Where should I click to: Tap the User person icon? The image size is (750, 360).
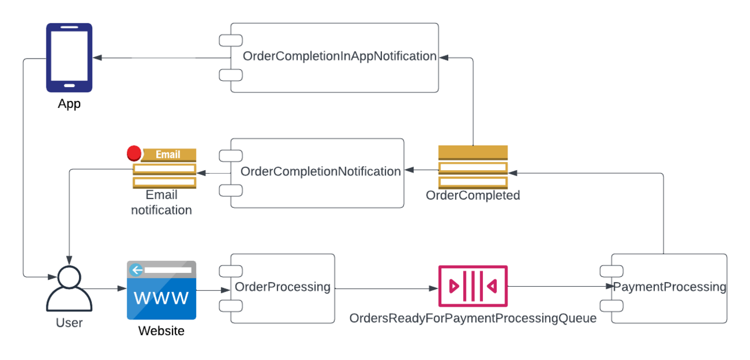pos(69,289)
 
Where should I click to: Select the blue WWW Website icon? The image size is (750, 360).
pos(161,290)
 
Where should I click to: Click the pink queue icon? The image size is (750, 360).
pos(473,286)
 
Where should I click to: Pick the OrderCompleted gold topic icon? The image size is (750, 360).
pos(473,167)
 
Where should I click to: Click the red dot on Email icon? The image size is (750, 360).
pos(134,153)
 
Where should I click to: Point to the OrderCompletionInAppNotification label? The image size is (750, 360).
pos(340,56)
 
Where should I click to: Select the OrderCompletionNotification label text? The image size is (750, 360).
pos(320,172)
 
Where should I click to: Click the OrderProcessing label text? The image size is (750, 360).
pos(283,287)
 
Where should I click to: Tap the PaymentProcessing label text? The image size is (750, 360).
pos(669,287)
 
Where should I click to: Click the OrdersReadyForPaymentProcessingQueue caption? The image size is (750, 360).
pos(473,318)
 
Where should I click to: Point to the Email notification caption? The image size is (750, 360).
pos(161,203)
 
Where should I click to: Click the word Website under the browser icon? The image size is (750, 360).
pos(161,331)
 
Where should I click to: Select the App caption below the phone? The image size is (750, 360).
pos(69,105)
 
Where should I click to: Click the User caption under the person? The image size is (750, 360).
pos(69,323)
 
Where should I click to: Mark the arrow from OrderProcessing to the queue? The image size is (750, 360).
pos(386,289)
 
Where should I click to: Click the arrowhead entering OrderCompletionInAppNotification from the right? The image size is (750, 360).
pos(443,57)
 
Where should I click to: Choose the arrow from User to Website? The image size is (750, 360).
pos(109,289)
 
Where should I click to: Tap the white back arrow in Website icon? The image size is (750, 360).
pos(137,269)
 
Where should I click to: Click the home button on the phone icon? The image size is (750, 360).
pos(69,86)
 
